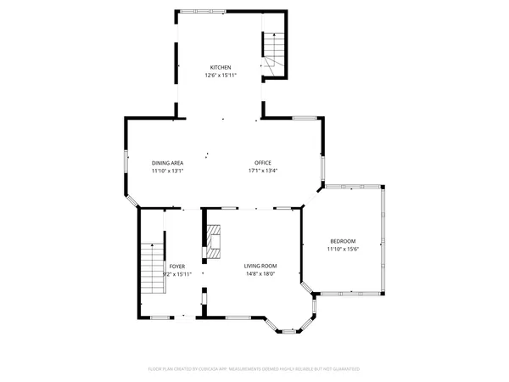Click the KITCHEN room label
pos(221,67)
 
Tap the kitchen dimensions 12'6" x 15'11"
pos(221,75)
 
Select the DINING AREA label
pos(168,163)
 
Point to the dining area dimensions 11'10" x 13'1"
pos(168,171)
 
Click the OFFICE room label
pos(263,163)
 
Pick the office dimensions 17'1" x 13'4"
pos(263,171)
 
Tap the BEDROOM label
pos(343,241)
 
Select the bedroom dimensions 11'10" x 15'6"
pos(344,249)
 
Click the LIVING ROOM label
pos(260,267)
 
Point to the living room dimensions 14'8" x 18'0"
pos(260,274)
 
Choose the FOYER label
pos(176,267)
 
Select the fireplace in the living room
pos(214,242)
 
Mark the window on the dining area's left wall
pos(126,163)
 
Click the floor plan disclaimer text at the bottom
pos(255,369)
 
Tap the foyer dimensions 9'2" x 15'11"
pos(176,274)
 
